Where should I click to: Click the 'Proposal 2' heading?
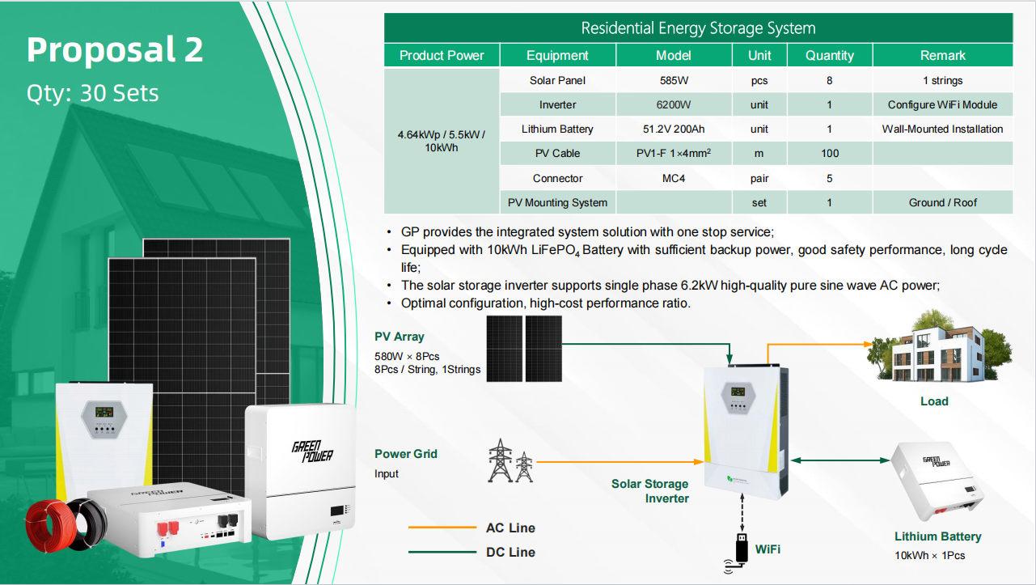(x=115, y=49)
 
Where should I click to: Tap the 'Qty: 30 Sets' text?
(x=92, y=93)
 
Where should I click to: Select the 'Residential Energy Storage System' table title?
(x=699, y=28)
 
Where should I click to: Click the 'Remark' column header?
(x=942, y=56)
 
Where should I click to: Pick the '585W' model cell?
(x=674, y=81)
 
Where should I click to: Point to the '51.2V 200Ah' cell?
(x=674, y=129)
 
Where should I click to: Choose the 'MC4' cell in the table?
(x=674, y=178)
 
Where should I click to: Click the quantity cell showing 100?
(x=830, y=153)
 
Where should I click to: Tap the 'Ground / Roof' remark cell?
(x=942, y=203)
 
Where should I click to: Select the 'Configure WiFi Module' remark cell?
(x=942, y=104)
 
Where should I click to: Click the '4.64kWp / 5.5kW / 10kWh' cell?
(x=442, y=141)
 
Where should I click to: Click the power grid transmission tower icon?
(x=510, y=461)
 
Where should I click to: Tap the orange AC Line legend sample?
(x=442, y=528)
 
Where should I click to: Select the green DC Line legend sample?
(x=442, y=552)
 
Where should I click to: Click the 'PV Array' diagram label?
(x=400, y=337)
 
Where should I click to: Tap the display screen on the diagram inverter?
(x=738, y=392)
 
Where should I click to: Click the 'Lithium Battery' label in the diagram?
(x=937, y=536)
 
